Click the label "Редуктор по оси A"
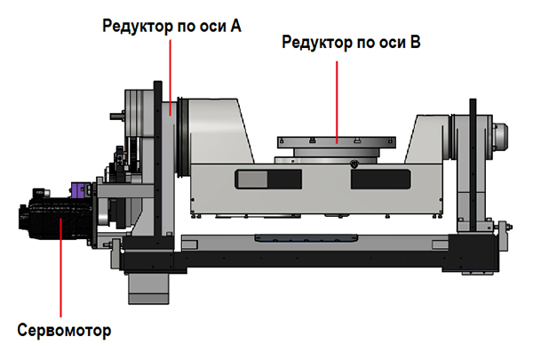click(x=171, y=26)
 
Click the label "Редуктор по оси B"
click(x=351, y=43)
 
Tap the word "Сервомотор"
click(x=64, y=330)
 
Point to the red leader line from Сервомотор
click(x=60, y=268)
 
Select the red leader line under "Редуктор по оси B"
click(x=337, y=101)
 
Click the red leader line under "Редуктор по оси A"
click(x=170, y=77)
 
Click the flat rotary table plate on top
click(x=337, y=142)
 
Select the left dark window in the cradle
click(x=268, y=179)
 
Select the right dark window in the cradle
click(x=381, y=179)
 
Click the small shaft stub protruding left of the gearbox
click(x=117, y=116)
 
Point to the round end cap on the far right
click(x=500, y=137)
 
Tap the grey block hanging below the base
click(x=148, y=288)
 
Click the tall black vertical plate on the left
click(x=158, y=163)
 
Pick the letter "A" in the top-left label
click(x=235, y=26)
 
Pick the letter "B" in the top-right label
click(x=416, y=42)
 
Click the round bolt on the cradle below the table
click(x=354, y=164)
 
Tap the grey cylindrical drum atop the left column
click(x=139, y=113)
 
